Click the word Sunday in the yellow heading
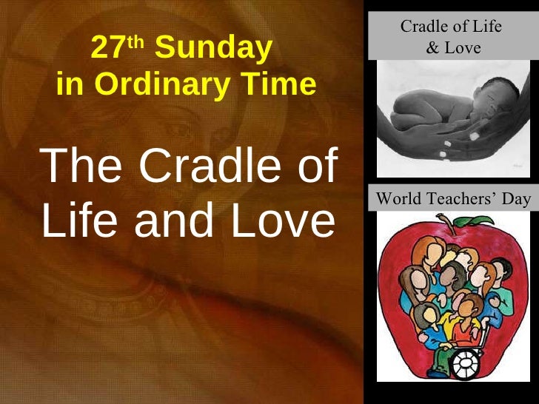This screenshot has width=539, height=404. pyautogui.click(x=213, y=49)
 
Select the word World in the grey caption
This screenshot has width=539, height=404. pyautogui.click(x=401, y=198)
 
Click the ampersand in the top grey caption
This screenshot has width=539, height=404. pyautogui.click(x=432, y=48)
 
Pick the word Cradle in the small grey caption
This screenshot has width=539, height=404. pyautogui.click(x=424, y=27)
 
